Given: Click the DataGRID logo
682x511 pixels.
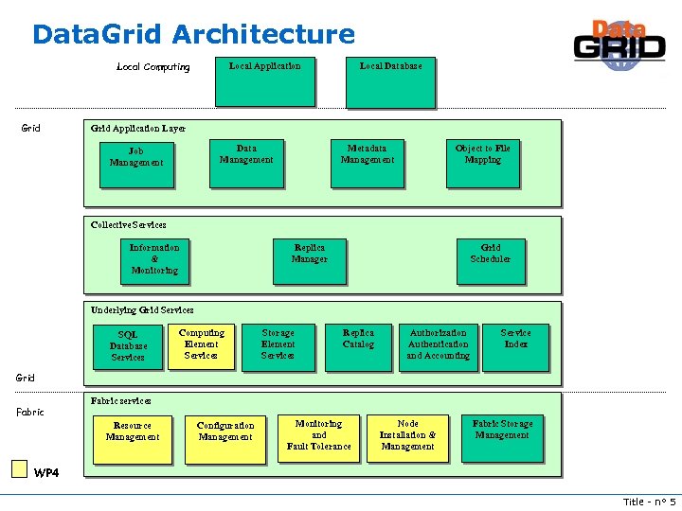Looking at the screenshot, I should click(619, 44).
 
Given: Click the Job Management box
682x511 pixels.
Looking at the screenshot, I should click(136, 165).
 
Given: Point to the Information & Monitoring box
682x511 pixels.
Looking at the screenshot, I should click(154, 261).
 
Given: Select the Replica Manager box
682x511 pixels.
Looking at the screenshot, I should click(309, 261).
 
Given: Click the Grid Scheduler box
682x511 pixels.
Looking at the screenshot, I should click(490, 260).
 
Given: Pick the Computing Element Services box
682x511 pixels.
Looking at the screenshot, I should click(201, 346).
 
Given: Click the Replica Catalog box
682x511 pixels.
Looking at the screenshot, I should click(358, 346).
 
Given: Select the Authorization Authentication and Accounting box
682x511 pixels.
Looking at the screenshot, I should click(438, 346).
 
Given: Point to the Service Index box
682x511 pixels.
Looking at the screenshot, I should click(516, 346).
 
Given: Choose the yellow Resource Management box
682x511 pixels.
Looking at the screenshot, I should click(133, 439).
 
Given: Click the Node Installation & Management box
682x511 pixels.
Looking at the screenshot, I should click(407, 437).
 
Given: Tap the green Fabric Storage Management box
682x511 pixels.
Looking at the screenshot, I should click(502, 437).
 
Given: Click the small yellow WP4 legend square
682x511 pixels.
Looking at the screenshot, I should click(19, 468).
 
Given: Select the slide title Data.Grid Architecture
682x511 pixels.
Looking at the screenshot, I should click(193, 35).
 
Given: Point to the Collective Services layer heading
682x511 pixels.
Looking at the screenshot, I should click(129, 225).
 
